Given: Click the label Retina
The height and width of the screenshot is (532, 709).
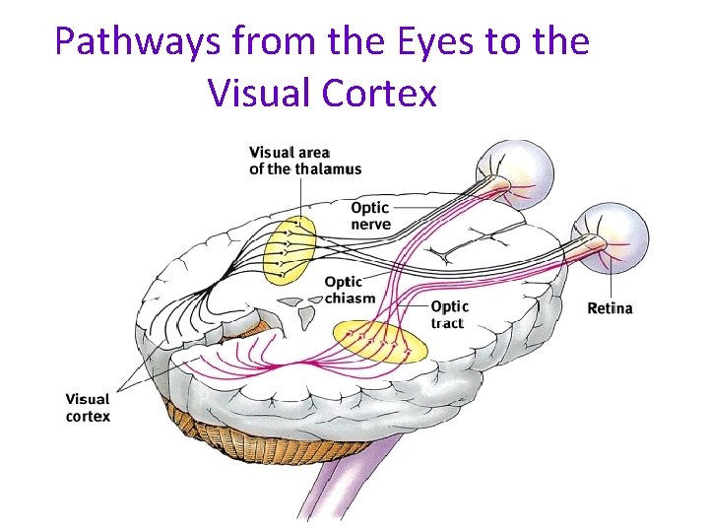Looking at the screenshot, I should [610, 308].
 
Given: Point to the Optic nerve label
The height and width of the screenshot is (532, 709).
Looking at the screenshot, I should [370, 216].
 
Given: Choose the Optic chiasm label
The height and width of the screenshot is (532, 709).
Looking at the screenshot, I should [350, 291].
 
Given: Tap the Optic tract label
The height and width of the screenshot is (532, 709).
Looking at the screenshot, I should [449, 314].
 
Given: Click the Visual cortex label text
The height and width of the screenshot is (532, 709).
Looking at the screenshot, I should [88, 408].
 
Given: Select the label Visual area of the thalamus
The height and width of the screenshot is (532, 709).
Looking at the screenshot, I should [304, 161].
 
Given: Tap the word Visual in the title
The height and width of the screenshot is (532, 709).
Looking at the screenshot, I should [256, 94].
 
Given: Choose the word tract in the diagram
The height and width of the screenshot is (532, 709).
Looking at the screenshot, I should [448, 323].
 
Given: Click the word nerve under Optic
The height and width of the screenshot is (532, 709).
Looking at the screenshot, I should [370, 225].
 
